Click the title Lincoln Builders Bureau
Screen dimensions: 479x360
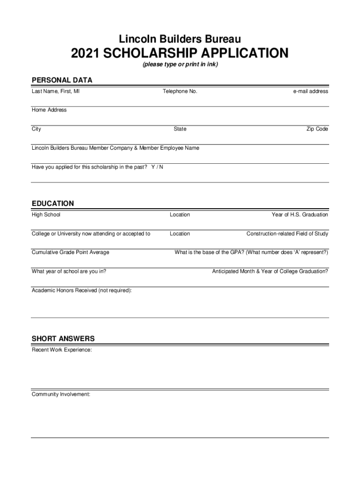[x=180, y=38]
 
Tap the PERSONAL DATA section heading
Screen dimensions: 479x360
[x=62, y=80]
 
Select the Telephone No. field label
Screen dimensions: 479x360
[x=180, y=91]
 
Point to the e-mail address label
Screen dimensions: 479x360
[x=310, y=91]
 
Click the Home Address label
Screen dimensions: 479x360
[x=49, y=110]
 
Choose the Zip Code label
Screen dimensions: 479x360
[x=317, y=129]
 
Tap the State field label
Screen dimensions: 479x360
[x=180, y=129]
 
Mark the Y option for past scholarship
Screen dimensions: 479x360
[x=153, y=167]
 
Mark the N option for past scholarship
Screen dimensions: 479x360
[x=161, y=167]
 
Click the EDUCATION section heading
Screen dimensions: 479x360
[x=53, y=203]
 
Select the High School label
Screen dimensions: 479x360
[x=46, y=215]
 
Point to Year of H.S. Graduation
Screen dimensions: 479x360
[x=300, y=215]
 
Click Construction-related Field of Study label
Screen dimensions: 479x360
[x=287, y=233]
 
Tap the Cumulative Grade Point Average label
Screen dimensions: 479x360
[x=70, y=252]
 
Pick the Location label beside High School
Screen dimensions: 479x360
[x=180, y=215]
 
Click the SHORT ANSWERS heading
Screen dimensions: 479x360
[x=63, y=338]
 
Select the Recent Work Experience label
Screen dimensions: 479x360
[x=62, y=350]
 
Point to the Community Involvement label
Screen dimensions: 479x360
[x=61, y=394]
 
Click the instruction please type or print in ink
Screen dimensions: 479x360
[x=180, y=64]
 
